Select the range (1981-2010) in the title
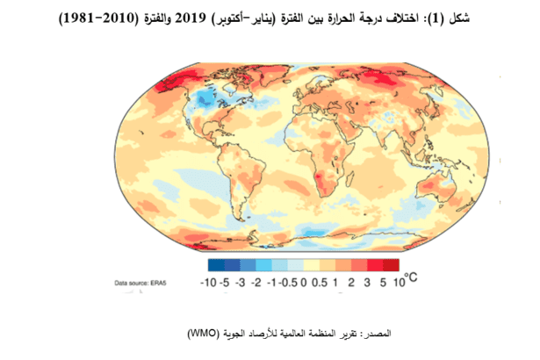(x=102, y=18)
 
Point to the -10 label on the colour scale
(x=208, y=282)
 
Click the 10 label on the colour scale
(x=398, y=282)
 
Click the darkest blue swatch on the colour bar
(x=217, y=263)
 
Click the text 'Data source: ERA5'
(x=146, y=283)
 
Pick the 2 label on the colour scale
(x=360, y=282)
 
